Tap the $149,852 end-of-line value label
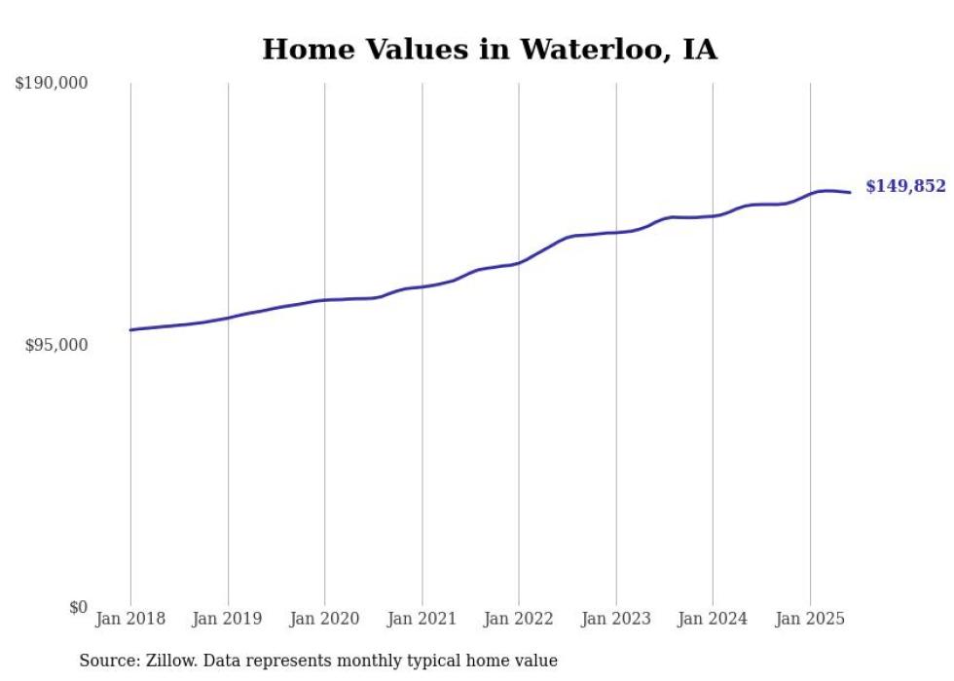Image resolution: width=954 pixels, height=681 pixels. coord(905,186)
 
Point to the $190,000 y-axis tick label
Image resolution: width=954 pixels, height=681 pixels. coord(51,84)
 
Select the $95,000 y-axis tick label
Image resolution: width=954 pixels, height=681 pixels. coord(55,346)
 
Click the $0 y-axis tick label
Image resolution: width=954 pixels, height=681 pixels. coord(78,608)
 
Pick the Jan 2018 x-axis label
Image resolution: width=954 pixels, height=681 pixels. coord(130,619)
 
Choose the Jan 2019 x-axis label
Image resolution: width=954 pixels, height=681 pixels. coord(228,619)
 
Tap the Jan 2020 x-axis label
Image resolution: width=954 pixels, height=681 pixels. coord(325,619)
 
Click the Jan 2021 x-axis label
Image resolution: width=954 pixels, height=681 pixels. coord(422,619)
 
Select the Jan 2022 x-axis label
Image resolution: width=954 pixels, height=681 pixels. coord(519,619)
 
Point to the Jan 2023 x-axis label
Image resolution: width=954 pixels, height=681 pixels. coord(616,619)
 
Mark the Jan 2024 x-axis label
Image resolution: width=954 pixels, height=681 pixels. coord(713,619)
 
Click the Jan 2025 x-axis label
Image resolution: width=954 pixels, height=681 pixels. coord(810,619)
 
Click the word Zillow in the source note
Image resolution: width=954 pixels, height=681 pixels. coord(168,661)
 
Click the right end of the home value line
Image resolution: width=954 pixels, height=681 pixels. coord(850,192)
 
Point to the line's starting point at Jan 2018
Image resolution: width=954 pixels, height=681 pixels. coord(130,330)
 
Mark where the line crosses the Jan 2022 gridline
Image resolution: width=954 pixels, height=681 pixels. coord(519,262)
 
